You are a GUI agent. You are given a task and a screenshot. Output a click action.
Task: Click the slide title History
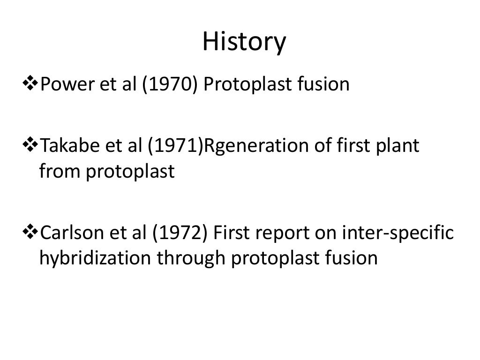click(x=244, y=43)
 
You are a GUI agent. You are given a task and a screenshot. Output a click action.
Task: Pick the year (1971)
click(x=171, y=146)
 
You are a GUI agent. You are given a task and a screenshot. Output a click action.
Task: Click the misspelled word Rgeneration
click(x=253, y=146)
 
